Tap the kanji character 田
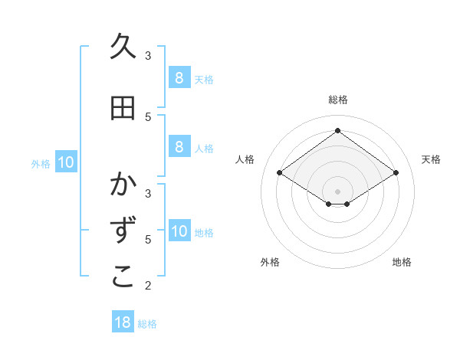[123, 108]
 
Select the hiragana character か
[123, 185]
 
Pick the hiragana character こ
[123, 277]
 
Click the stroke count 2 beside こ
[148, 286]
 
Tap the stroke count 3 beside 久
[148, 55]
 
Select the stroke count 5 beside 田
[148, 116]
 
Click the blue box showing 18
[123, 322]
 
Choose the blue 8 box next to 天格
[179, 78]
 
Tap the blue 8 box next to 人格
[179, 147]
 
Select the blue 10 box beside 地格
[179, 231]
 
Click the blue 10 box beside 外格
[66, 162]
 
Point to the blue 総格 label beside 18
[147, 324]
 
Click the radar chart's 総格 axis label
[337, 100]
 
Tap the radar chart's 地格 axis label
[402, 262]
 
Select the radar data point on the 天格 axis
[396, 173]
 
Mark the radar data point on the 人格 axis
[280, 173]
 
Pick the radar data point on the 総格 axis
[337, 130]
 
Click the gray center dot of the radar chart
[337, 191]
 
